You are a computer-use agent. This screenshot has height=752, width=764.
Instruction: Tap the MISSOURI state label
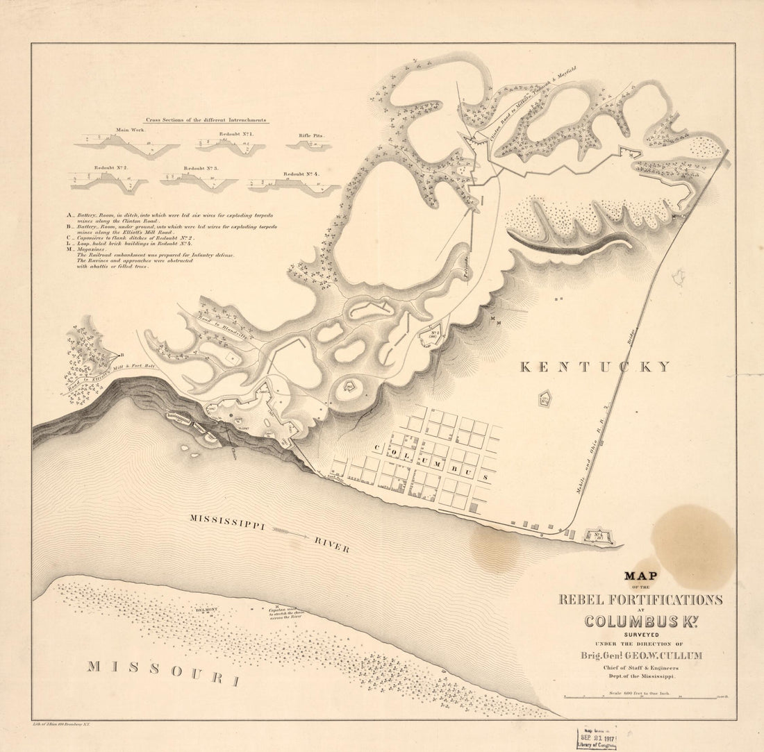click(163, 672)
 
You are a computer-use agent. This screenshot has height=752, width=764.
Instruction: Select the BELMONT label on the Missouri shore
click(207, 610)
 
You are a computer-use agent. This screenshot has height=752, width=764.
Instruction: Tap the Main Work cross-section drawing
click(126, 144)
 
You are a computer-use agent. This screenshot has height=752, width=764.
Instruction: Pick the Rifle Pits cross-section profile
click(308, 144)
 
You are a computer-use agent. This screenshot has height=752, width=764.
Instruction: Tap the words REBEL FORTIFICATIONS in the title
click(641, 600)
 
